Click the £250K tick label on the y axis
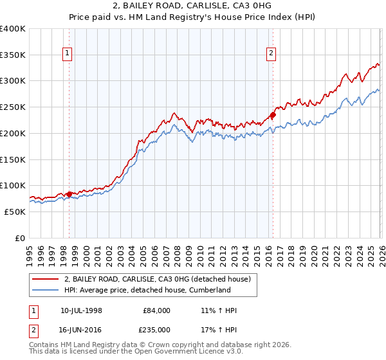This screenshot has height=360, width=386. pos(13,107)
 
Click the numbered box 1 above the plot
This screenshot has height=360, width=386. pos(68,53)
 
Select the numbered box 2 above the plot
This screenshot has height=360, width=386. pos(271,53)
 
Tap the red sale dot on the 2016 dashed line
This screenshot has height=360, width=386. pos(272,116)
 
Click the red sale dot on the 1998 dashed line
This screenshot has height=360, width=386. pos(69,194)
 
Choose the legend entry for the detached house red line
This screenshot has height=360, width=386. pos(161,278)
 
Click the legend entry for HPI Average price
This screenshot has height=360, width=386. pos(147,290)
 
